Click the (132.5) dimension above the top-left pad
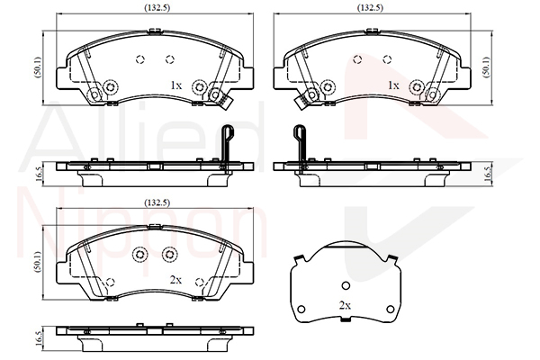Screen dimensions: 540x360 pyautogui.click(x=157, y=7)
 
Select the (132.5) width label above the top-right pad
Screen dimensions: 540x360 pyautogui.click(x=370, y=7)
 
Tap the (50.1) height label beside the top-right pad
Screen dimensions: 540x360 pyautogui.click(x=486, y=67)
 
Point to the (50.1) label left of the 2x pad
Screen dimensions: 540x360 pyautogui.click(x=38, y=262)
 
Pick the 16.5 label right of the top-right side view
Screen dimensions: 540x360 pyautogui.click(x=488, y=174)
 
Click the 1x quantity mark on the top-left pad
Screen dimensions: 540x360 pyautogui.click(x=176, y=85)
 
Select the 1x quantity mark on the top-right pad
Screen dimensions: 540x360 pyautogui.click(x=393, y=85)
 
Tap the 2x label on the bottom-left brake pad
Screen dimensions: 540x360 pyautogui.click(x=175, y=280)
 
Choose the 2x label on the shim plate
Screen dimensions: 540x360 pyautogui.click(x=345, y=305)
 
